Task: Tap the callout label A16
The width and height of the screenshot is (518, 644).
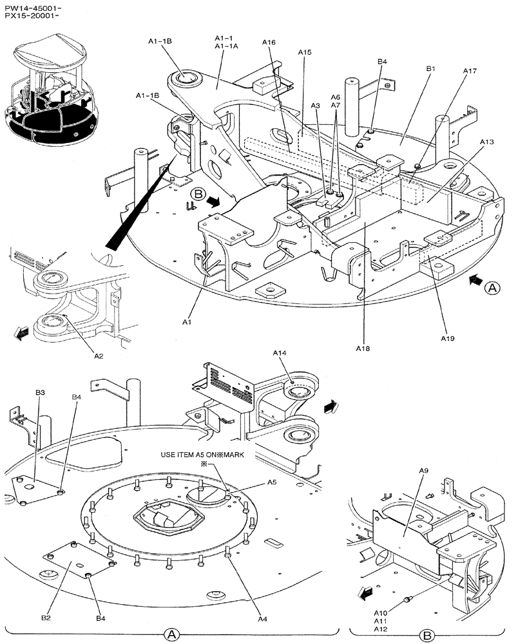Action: pyautogui.click(x=269, y=43)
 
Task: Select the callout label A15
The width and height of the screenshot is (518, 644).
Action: pyautogui.click(x=305, y=52)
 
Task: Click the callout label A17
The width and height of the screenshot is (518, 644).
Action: pyautogui.click(x=469, y=71)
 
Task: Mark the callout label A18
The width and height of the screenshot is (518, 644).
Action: pyautogui.click(x=363, y=348)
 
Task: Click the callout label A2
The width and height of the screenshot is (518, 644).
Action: pyautogui.click(x=99, y=355)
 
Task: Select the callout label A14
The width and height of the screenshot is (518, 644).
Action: pyautogui.click(x=280, y=353)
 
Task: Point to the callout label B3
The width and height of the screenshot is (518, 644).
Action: pyautogui.click(x=40, y=392)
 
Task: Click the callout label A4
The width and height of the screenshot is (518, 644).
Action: pyautogui.click(x=262, y=618)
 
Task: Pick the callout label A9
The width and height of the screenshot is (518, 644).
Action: pyautogui.click(x=424, y=471)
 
